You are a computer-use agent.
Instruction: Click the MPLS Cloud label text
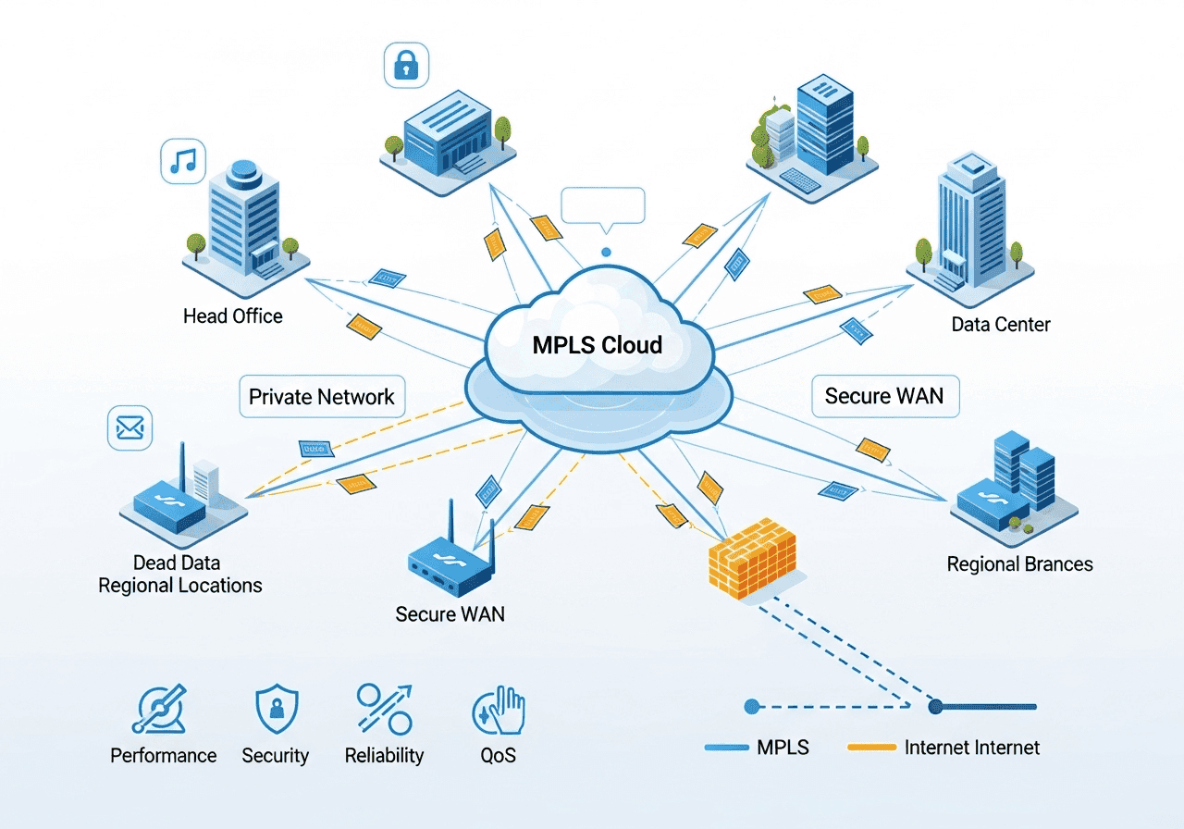pyautogui.click(x=598, y=345)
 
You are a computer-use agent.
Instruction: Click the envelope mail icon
pyautogui.click(x=129, y=427)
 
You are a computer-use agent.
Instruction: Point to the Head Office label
pyautogui.click(x=232, y=316)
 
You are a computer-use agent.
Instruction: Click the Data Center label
pyautogui.click(x=1001, y=325)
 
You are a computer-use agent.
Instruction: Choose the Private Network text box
pyautogui.click(x=322, y=397)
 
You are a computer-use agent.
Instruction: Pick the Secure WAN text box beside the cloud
pyautogui.click(x=884, y=396)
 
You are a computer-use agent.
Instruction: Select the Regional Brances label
pyautogui.click(x=1019, y=563)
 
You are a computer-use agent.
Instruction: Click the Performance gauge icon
pyautogui.click(x=158, y=711)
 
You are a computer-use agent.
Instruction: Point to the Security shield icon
pyautogui.click(x=276, y=710)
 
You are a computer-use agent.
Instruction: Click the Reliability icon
pyautogui.click(x=384, y=709)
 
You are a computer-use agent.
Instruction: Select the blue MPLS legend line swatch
pyautogui.click(x=726, y=748)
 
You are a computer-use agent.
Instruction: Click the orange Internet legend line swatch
pyautogui.click(x=871, y=748)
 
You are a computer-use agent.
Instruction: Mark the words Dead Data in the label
pyautogui.click(x=177, y=563)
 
